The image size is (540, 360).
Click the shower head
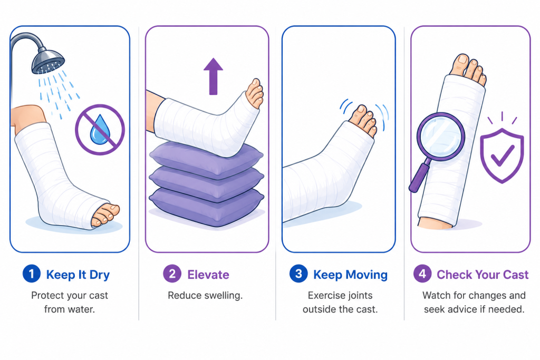[x=48, y=61]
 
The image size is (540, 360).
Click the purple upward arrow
[x=213, y=76]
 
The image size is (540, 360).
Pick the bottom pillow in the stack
[x=207, y=207]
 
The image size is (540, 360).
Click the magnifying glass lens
[x=441, y=137]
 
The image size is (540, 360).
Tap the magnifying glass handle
[x=419, y=177]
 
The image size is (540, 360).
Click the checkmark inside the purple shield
[x=503, y=155]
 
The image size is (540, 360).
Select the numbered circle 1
[x=31, y=274]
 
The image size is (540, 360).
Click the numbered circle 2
[x=172, y=274]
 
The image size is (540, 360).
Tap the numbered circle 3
[x=298, y=274]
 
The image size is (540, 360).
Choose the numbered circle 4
[x=422, y=274]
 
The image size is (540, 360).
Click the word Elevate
[x=208, y=275]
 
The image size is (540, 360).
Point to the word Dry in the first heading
[x=99, y=275]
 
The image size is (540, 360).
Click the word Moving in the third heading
[x=367, y=275]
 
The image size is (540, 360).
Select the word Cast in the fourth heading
[x=516, y=275]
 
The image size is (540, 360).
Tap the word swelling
[x=223, y=296]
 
